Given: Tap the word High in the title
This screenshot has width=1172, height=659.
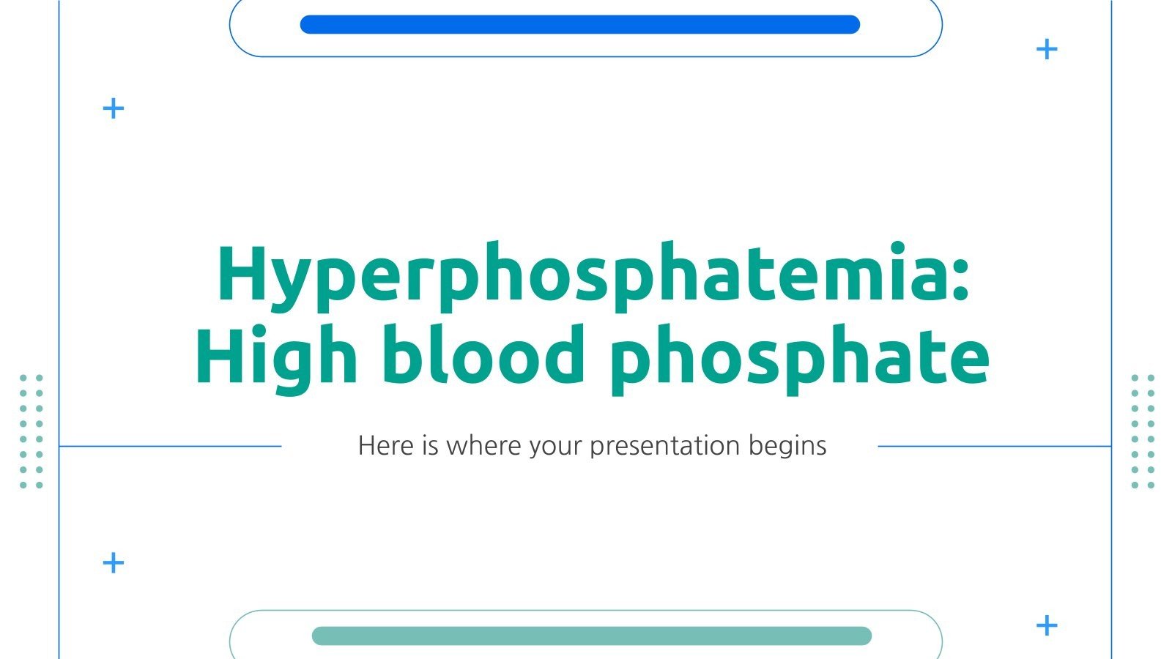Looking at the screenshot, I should tap(276, 357).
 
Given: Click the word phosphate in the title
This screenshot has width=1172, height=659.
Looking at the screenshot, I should tap(798, 357).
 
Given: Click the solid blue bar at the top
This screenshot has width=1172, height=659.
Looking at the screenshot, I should tap(579, 25).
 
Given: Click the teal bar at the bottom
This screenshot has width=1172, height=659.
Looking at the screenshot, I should tap(591, 636).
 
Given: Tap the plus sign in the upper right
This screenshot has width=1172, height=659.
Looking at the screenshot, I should tap(1047, 50).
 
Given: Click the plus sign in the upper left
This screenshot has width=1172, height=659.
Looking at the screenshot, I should tap(113, 109).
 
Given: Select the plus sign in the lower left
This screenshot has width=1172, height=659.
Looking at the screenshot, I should tap(113, 563).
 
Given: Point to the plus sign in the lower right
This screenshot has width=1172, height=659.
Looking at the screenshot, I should tap(1047, 626).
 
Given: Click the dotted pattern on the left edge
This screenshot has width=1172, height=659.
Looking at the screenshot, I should tap(31, 431).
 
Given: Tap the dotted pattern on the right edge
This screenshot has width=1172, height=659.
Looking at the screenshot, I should tap(1142, 431).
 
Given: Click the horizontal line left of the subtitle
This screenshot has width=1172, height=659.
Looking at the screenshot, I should tap(170, 446).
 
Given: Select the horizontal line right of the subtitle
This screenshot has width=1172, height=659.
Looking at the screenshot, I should tap(994, 446).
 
